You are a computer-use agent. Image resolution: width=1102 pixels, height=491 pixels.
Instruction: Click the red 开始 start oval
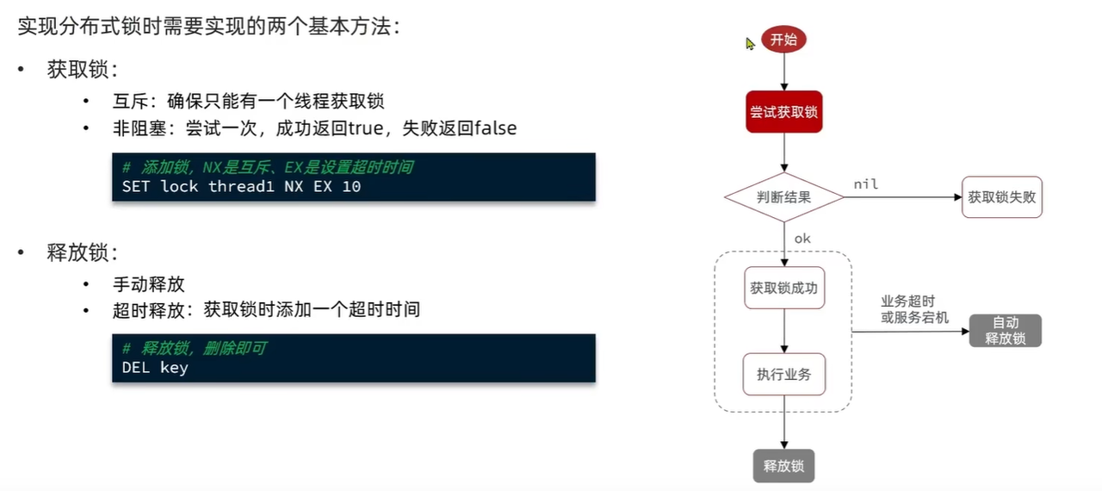783,40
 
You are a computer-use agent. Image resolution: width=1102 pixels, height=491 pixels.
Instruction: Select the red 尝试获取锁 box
783,112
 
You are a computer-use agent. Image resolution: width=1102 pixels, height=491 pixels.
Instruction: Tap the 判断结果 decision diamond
783,197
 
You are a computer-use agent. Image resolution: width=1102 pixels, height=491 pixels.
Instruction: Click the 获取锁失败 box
1001,197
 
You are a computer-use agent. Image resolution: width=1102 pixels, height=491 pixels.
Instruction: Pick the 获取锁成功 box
783,288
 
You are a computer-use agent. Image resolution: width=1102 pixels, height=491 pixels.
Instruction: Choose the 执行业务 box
783,374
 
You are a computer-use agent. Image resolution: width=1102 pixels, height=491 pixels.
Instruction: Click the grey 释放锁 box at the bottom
783,466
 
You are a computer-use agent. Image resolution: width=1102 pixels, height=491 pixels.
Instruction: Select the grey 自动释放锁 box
1005,331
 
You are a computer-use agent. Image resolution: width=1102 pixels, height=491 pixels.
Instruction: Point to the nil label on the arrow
865,184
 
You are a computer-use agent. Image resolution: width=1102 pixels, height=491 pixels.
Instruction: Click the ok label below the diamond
802,238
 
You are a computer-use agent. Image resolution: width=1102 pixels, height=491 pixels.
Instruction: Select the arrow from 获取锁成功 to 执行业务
783,331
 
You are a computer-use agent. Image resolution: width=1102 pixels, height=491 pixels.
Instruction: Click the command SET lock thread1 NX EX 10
241,186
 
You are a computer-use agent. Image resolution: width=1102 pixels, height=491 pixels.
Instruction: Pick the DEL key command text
155,368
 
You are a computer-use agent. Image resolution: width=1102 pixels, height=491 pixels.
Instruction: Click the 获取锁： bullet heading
83,71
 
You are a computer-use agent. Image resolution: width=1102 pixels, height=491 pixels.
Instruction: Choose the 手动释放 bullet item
148,284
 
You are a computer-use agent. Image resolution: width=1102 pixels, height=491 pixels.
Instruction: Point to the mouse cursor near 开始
750,43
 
